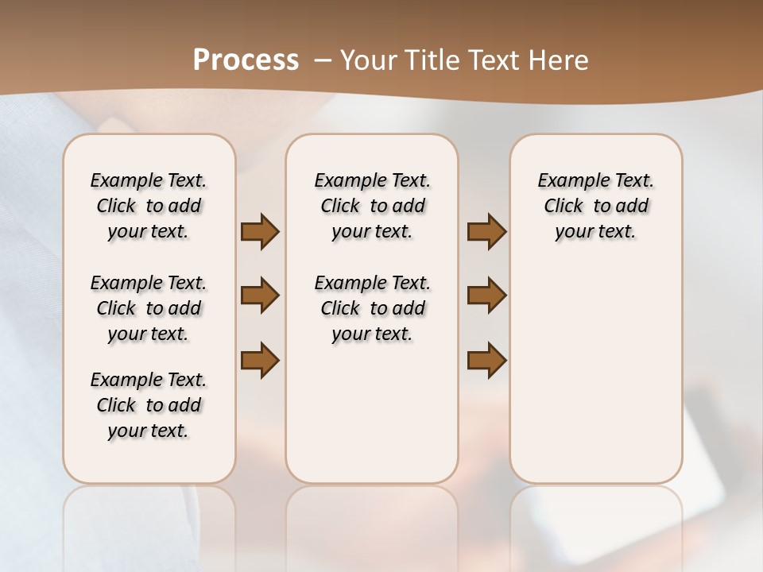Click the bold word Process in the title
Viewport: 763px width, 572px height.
click(246, 60)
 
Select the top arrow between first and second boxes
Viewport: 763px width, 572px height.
click(260, 232)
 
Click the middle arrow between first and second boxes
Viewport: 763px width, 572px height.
click(260, 296)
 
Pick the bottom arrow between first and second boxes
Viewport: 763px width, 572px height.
click(260, 360)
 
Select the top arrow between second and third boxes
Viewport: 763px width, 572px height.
click(486, 232)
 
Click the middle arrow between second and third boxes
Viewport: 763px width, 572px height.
click(486, 296)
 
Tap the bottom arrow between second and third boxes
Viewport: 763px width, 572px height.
click(486, 360)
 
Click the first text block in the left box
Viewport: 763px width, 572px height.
click(149, 206)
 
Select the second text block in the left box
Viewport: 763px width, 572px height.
click(149, 308)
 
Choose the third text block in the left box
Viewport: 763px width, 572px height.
click(149, 405)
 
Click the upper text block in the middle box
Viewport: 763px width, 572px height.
click(372, 206)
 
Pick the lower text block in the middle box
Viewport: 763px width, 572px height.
click(372, 308)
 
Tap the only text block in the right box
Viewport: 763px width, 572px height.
click(595, 206)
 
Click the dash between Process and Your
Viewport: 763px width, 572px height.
click(322, 60)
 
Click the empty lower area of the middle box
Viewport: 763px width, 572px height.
click(372, 413)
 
